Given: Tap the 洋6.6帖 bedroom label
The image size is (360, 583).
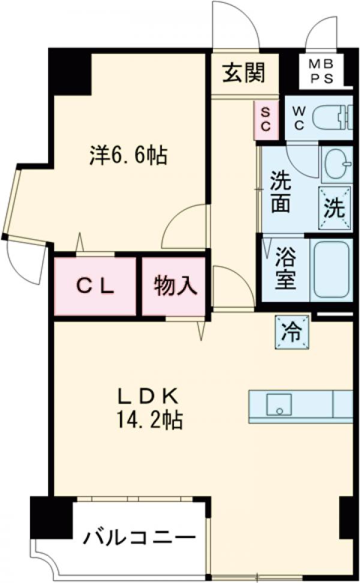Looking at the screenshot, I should (128, 156).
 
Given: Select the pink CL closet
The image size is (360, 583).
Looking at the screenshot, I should (95, 286).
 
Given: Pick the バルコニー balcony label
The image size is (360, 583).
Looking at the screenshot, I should (140, 535).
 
